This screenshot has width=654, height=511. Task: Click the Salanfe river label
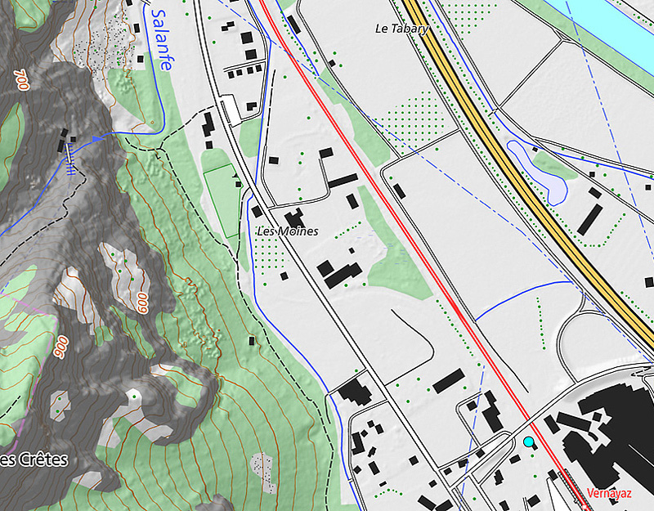point(160,40)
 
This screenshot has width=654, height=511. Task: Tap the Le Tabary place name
point(401,28)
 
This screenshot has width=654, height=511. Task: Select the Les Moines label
point(286,232)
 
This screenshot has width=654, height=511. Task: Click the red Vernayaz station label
point(609,494)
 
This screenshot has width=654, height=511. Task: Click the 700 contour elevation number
point(22,80)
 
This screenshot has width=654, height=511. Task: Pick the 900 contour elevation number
point(61,347)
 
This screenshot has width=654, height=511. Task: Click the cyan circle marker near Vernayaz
point(529,442)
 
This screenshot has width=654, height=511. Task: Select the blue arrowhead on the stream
point(98,140)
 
